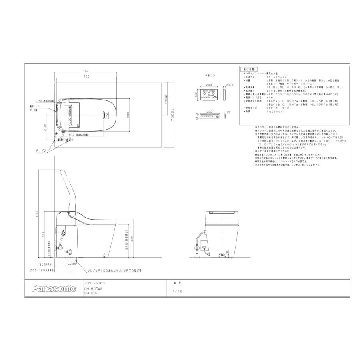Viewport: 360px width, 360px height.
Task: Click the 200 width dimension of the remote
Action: coord(208,85)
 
